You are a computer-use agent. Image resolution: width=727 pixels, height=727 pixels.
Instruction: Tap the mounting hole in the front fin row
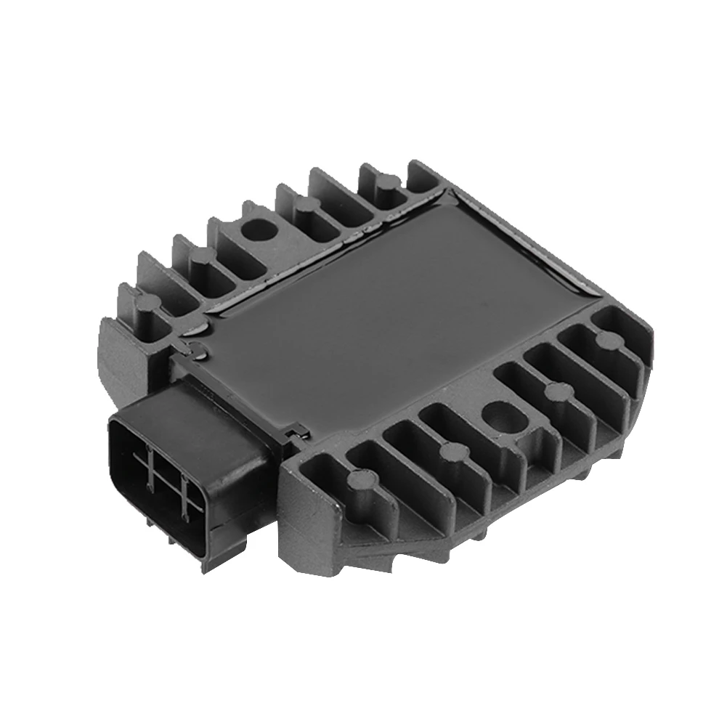(x=501, y=416)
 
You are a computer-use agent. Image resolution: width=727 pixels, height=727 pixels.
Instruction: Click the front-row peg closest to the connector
(x=360, y=479)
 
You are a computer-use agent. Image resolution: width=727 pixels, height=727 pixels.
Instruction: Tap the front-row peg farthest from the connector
(x=603, y=337)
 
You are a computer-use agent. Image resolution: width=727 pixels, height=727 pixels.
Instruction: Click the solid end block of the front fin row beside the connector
(x=305, y=523)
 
